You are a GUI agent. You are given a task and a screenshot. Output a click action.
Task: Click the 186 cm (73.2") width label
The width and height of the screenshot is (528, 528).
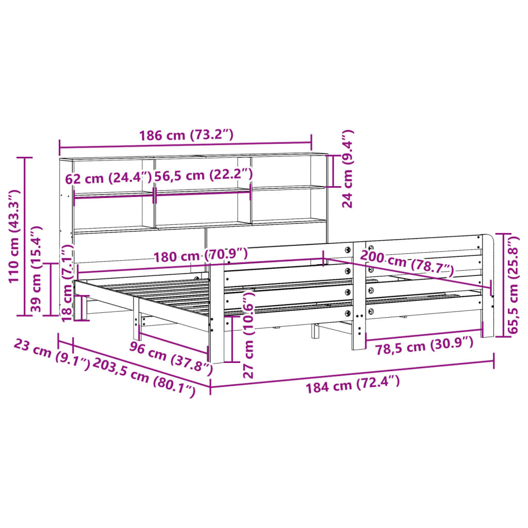tap(186, 136)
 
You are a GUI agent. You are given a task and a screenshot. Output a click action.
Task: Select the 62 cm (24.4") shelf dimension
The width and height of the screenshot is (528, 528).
tap(108, 178)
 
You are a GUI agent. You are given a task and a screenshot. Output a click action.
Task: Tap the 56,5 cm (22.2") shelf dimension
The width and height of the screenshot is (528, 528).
tap(204, 175)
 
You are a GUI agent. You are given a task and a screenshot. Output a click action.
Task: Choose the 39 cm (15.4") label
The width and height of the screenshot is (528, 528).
tap(36, 270)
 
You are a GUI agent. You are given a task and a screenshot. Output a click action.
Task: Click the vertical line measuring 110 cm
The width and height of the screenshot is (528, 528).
tap(25, 236)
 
